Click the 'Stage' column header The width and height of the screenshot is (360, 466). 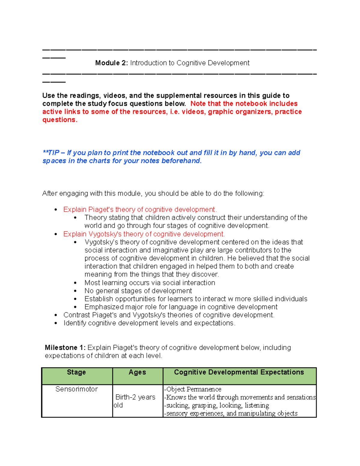pos(76,372)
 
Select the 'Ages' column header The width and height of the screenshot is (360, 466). pos(137,372)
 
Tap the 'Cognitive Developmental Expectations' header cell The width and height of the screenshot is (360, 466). pos(239,372)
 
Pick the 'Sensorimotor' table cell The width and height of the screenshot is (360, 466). pos(76,389)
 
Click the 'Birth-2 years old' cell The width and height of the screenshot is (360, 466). pos(135,401)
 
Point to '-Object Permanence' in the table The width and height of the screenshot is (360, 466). pos(193,389)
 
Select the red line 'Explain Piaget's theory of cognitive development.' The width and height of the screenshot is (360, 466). pos(140,209)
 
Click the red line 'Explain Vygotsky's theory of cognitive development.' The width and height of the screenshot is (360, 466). pos(144,234)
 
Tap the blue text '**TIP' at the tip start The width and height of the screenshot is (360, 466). pos(51,153)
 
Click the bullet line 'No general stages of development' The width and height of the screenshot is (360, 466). pos(138,291)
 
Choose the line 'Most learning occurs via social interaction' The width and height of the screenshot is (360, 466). pos(150,283)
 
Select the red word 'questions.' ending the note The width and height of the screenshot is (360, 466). pos(60,120)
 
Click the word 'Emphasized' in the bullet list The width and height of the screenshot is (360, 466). pos(104,307)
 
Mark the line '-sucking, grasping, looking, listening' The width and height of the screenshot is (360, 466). pos(216,405)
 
